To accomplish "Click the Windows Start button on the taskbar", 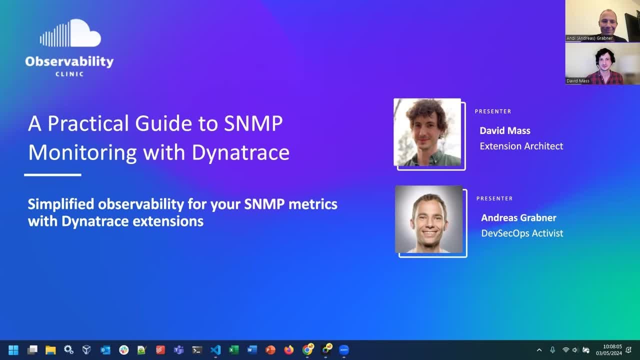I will click(13, 350).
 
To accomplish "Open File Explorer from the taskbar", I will click(50, 350).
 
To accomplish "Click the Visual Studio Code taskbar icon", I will click(215, 350).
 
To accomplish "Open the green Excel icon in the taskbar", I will click(233, 350).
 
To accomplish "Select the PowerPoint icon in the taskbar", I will click(270, 350).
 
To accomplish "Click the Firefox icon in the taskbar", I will click(288, 350).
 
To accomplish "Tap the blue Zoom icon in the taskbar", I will click(343, 350).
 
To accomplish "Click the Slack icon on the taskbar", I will click(123, 350).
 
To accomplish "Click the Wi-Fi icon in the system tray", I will click(565, 350).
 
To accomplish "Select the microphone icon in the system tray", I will click(552, 350).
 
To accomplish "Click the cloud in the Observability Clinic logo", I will click(82, 34).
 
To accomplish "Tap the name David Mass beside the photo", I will click(504, 130).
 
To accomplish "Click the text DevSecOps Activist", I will click(522, 233).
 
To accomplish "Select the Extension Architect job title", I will click(521, 146).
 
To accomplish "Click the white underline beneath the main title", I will click(52, 175).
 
